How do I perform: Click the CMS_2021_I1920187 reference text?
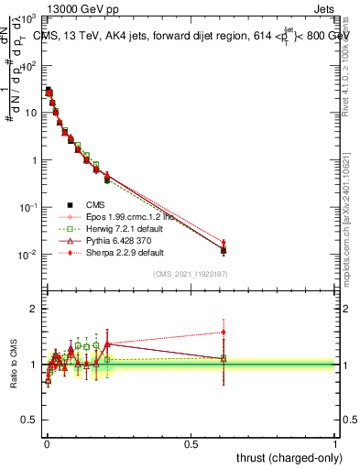191,274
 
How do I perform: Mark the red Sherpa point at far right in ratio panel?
224,333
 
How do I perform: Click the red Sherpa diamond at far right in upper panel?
224,243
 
